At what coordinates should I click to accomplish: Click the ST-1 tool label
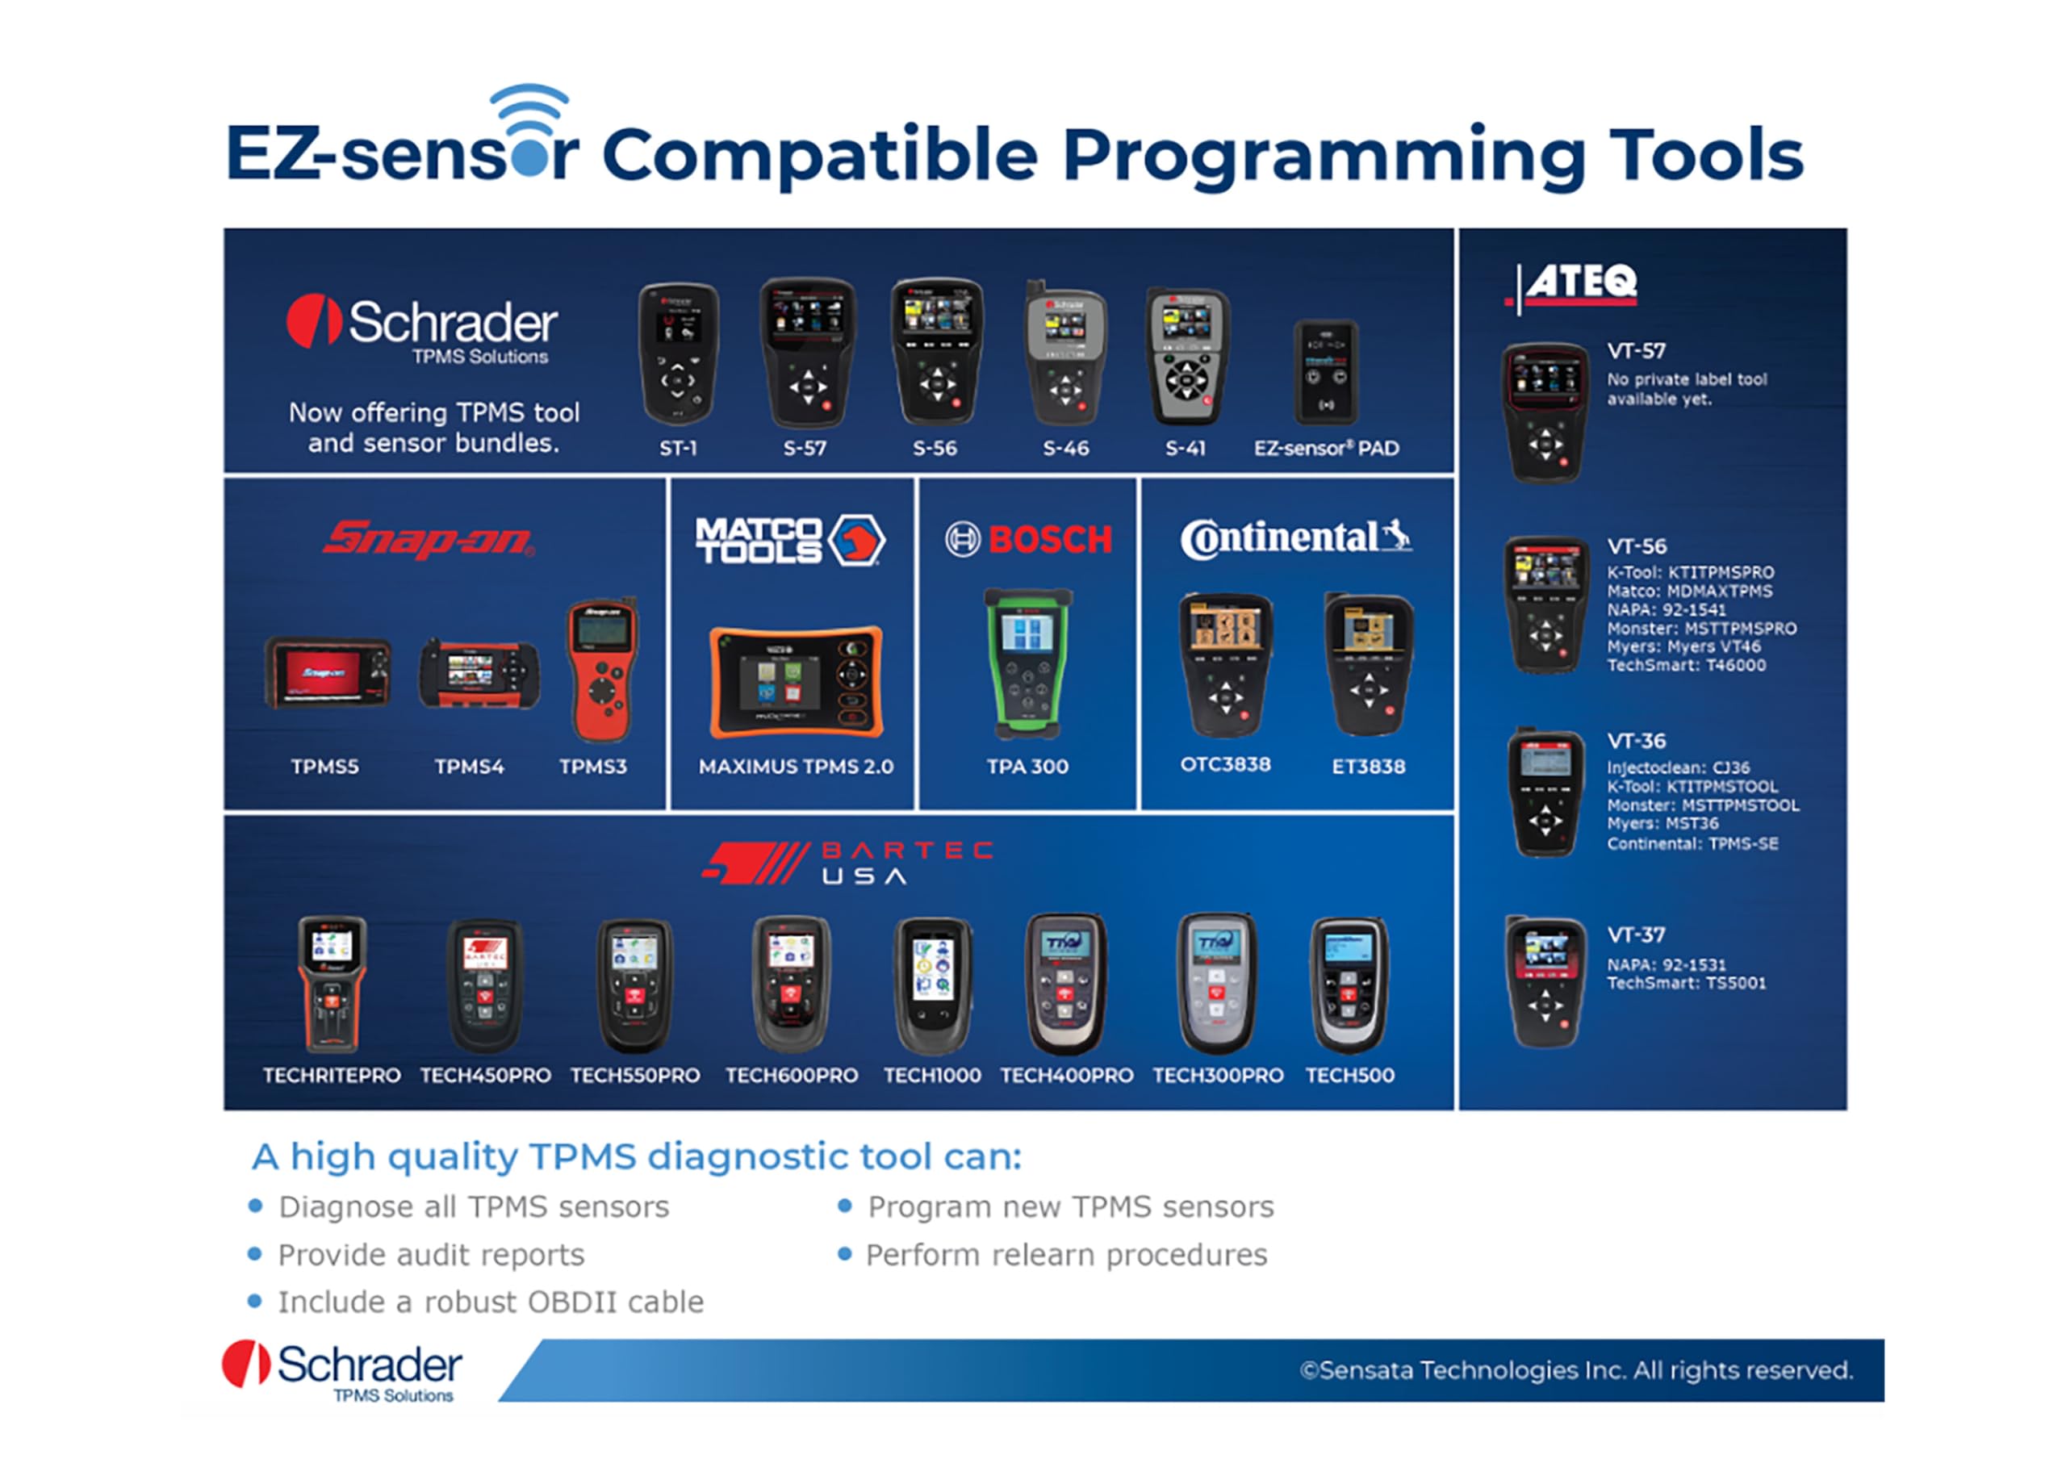tap(677, 448)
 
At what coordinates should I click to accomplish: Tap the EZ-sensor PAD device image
tap(1325, 373)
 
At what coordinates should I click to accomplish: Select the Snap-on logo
tap(428, 539)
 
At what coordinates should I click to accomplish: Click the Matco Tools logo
tap(790, 540)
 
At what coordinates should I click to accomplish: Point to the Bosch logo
tap(1028, 540)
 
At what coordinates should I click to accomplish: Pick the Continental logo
tap(1295, 538)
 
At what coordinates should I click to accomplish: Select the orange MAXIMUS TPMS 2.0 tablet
tap(795, 682)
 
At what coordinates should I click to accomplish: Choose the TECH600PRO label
tap(791, 1075)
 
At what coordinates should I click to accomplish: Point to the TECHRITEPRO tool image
tap(332, 984)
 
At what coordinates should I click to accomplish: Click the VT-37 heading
tap(1636, 935)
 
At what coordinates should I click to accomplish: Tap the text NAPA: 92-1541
tap(1666, 610)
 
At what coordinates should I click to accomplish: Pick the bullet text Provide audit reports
tap(431, 1255)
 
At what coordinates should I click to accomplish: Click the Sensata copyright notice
tap(1575, 1369)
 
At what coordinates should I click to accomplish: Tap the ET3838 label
tap(1368, 766)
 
